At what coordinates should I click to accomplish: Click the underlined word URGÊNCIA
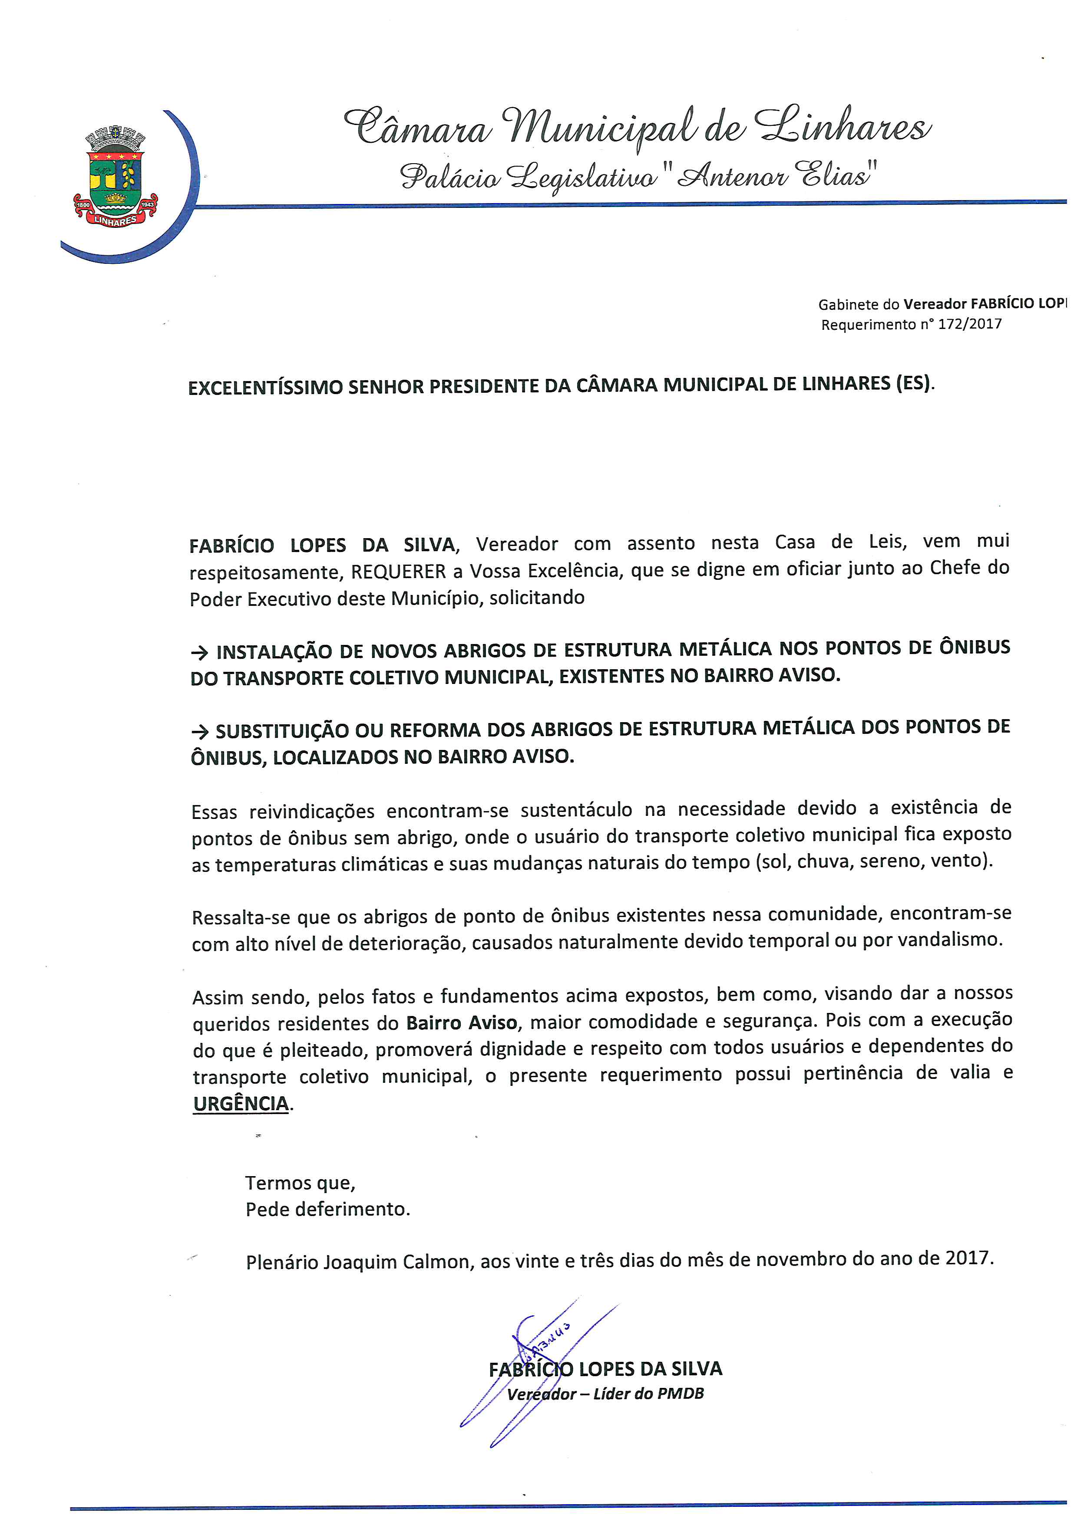pyautogui.click(x=241, y=1104)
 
